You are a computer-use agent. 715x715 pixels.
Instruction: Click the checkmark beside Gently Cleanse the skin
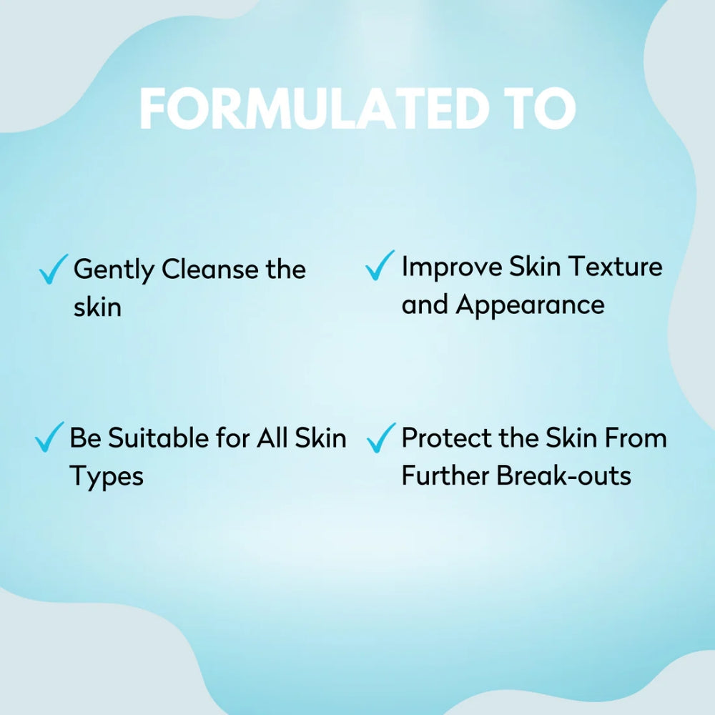[54, 269]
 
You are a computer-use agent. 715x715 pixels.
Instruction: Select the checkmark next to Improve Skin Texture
[380, 265]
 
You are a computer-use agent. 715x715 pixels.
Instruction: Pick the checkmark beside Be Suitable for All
[49, 437]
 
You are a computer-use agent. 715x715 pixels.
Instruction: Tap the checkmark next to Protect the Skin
[381, 438]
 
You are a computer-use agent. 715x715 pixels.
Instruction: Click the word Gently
[114, 270]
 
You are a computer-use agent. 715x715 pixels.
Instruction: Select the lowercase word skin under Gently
[97, 307]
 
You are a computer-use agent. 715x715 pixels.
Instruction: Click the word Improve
[451, 267]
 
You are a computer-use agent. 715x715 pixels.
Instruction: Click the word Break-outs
[563, 475]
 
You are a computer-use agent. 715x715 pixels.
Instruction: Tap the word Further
[445, 475]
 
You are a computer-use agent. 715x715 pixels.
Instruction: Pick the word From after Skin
[636, 438]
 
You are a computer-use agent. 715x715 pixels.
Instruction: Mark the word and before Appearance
[425, 304]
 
